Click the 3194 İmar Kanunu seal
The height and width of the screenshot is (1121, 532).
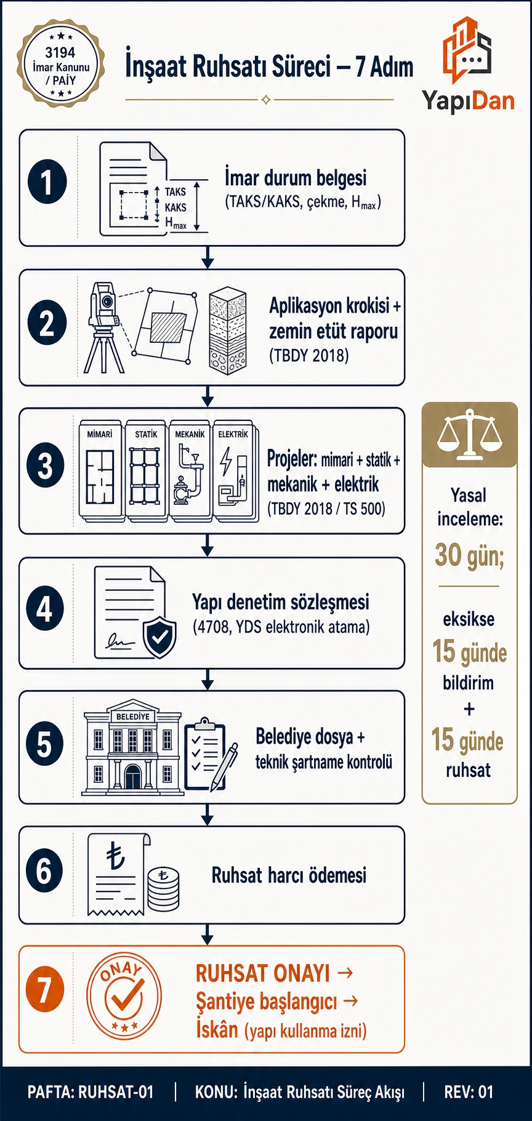click(61, 64)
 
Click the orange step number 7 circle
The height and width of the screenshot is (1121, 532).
click(45, 989)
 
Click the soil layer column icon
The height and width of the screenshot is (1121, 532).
click(228, 331)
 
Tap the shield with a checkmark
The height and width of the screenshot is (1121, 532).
click(159, 637)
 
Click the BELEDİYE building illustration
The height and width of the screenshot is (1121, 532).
click(132, 747)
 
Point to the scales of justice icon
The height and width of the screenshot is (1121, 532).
click(469, 433)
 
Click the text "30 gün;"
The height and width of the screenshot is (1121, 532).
click(469, 555)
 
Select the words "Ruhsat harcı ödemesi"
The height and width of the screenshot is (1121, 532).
click(289, 875)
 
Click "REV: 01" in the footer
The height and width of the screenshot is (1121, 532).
click(469, 1092)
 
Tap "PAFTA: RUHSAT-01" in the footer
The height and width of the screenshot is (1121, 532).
click(91, 1092)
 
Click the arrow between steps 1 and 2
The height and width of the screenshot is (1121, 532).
click(208, 257)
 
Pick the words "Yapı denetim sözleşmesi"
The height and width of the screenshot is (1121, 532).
click(281, 601)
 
